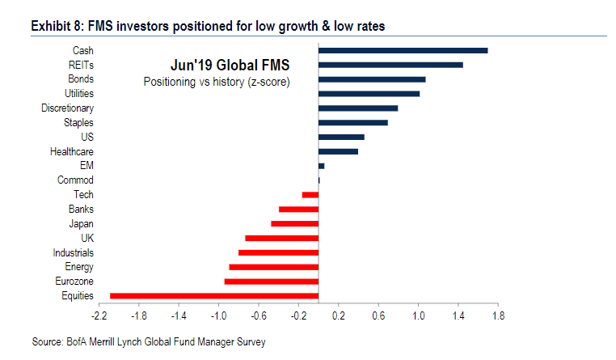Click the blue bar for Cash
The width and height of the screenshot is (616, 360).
coord(403,50)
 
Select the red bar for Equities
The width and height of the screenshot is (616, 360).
coord(214,296)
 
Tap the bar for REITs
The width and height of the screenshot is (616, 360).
coord(390,65)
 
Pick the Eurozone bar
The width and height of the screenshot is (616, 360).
coord(272,282)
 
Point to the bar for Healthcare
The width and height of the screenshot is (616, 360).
coord(338,151)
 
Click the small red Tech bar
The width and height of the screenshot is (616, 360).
coord(310,195)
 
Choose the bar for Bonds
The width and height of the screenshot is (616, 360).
coord(372,79)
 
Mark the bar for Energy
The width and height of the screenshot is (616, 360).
coord(274,267)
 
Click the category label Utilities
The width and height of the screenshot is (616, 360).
coord(77,94)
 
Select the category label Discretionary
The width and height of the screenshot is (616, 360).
coord(67,108)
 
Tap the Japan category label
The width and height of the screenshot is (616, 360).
coord(81,223)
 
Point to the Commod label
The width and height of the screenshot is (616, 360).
coord(75,180)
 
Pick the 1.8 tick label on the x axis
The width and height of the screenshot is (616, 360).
coord(497,315)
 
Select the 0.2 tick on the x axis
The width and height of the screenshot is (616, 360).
coord(338,315)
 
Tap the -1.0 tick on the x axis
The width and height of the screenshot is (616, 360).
coord(219,315)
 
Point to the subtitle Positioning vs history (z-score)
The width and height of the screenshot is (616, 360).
coord(217,82)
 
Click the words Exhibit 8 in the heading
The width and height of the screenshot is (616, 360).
coord(56,27)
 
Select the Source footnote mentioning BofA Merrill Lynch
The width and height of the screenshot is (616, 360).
coord(149,342)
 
